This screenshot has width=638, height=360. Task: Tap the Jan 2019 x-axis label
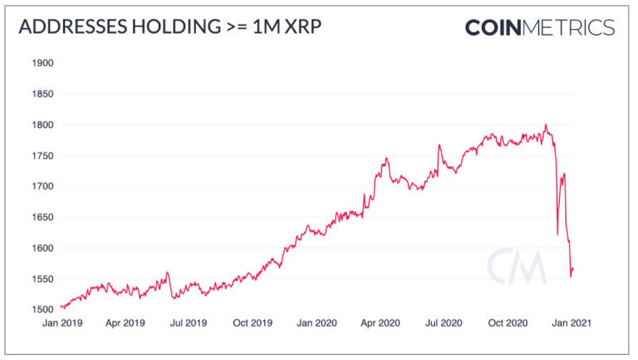62,323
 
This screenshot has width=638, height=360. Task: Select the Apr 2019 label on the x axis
125,323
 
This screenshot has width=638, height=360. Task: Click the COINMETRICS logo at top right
540,27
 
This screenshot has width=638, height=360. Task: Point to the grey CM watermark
516,266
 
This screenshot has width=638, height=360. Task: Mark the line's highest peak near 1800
546,125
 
